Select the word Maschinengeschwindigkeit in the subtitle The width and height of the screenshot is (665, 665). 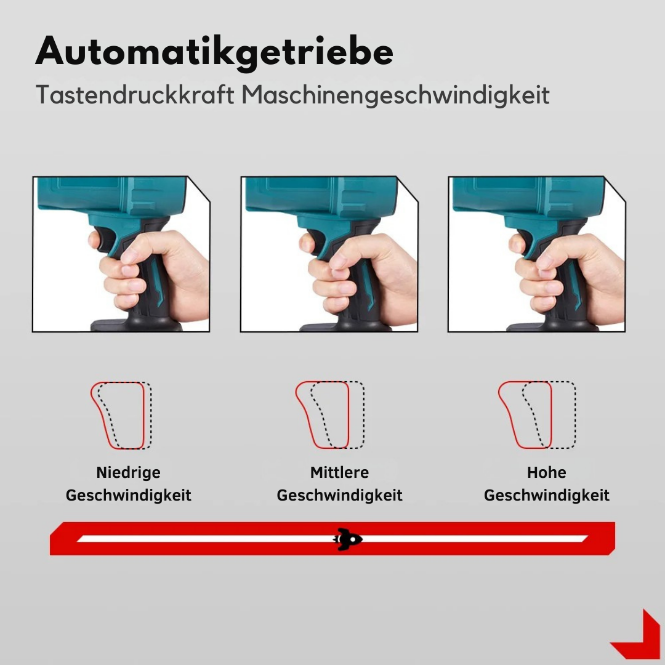395,95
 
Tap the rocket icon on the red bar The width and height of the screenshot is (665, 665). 348,539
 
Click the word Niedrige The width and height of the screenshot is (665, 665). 128,473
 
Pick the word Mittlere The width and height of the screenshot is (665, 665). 339,473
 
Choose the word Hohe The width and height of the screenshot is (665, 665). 546,473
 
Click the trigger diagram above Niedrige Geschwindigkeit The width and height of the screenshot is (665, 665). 121,415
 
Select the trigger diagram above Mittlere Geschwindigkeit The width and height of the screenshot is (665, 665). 329,415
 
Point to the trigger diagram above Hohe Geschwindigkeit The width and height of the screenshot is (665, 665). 536,415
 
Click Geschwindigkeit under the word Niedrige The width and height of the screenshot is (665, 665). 128,495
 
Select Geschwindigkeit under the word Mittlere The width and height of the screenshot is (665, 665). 339,495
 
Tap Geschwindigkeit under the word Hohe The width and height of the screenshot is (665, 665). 546,495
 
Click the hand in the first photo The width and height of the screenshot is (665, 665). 154,271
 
